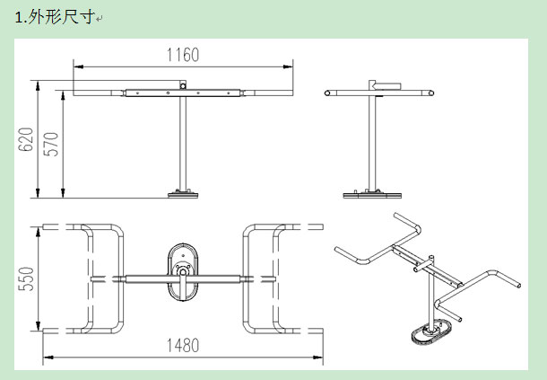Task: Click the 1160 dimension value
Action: tap(183, 55)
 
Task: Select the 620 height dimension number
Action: tap(25, 139)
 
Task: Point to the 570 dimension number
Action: tap(51, 144)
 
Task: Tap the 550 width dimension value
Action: tap(26, 279)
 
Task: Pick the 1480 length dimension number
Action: tap(183, 345)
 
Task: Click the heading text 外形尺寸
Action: tap(61, 16)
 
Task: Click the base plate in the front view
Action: tap(183, 194)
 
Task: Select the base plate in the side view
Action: tap(372, 194)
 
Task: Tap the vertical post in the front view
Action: tap(183, 144)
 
